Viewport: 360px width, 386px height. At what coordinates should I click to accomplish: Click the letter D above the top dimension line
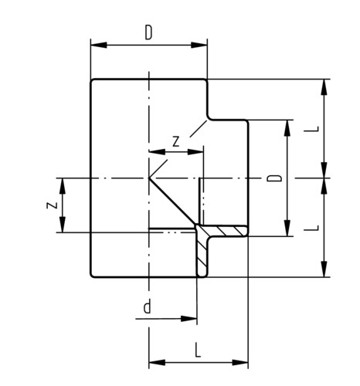148,33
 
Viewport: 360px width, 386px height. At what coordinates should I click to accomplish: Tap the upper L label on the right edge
311,129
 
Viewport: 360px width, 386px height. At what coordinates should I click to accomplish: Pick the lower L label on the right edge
311,228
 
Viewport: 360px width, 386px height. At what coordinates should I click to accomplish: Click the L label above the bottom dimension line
198,350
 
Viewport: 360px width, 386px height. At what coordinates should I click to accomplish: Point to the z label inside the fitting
176,141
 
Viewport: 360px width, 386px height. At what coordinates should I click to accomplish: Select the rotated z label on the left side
52,205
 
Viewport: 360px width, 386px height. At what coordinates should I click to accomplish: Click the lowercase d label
147,307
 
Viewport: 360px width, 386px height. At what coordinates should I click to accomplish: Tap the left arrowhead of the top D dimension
99,45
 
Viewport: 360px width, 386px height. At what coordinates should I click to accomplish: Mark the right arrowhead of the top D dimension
199,45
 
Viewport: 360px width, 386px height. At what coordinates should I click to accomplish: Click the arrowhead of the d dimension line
189,319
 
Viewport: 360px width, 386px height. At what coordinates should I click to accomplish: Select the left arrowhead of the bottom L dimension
157,363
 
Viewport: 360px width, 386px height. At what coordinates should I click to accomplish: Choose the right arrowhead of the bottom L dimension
240,363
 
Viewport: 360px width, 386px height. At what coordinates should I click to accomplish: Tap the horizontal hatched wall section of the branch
224,231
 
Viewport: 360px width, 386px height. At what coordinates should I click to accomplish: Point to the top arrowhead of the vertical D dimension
287,128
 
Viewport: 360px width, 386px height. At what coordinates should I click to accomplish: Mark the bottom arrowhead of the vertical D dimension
287,228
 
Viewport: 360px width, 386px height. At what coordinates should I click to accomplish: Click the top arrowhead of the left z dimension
63,186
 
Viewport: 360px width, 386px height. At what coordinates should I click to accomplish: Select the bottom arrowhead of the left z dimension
63,225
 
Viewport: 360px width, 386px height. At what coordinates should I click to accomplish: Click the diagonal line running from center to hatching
172,201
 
